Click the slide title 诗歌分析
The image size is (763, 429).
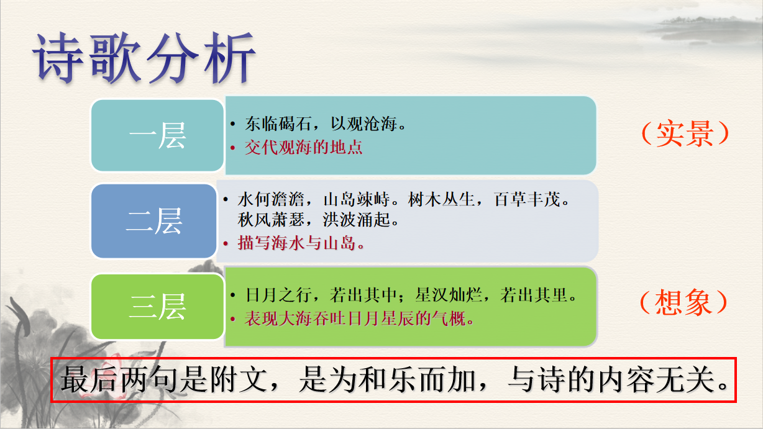click(144, 58)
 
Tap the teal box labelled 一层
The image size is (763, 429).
click(157, 135)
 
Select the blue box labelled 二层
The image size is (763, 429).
click(154, 221)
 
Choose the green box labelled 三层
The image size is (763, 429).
click(157, 307)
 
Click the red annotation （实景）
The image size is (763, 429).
click(685, 133)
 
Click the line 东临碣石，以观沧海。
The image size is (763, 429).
click(326, 124)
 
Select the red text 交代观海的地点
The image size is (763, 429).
click(303, 147)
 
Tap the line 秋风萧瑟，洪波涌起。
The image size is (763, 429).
click(318, 220)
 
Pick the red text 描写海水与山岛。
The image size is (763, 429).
click(301, 243)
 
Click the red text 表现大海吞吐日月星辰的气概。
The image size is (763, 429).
click(359, 319)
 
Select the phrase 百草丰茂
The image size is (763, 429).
click(527, 199)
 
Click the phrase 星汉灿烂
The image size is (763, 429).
click(449, 295)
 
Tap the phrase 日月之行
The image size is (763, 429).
click(278, 295)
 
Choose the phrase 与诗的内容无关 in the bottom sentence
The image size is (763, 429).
click(610, 379)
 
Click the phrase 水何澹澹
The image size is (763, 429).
click(271, 199)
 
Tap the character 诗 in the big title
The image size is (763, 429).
click(58, 58)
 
